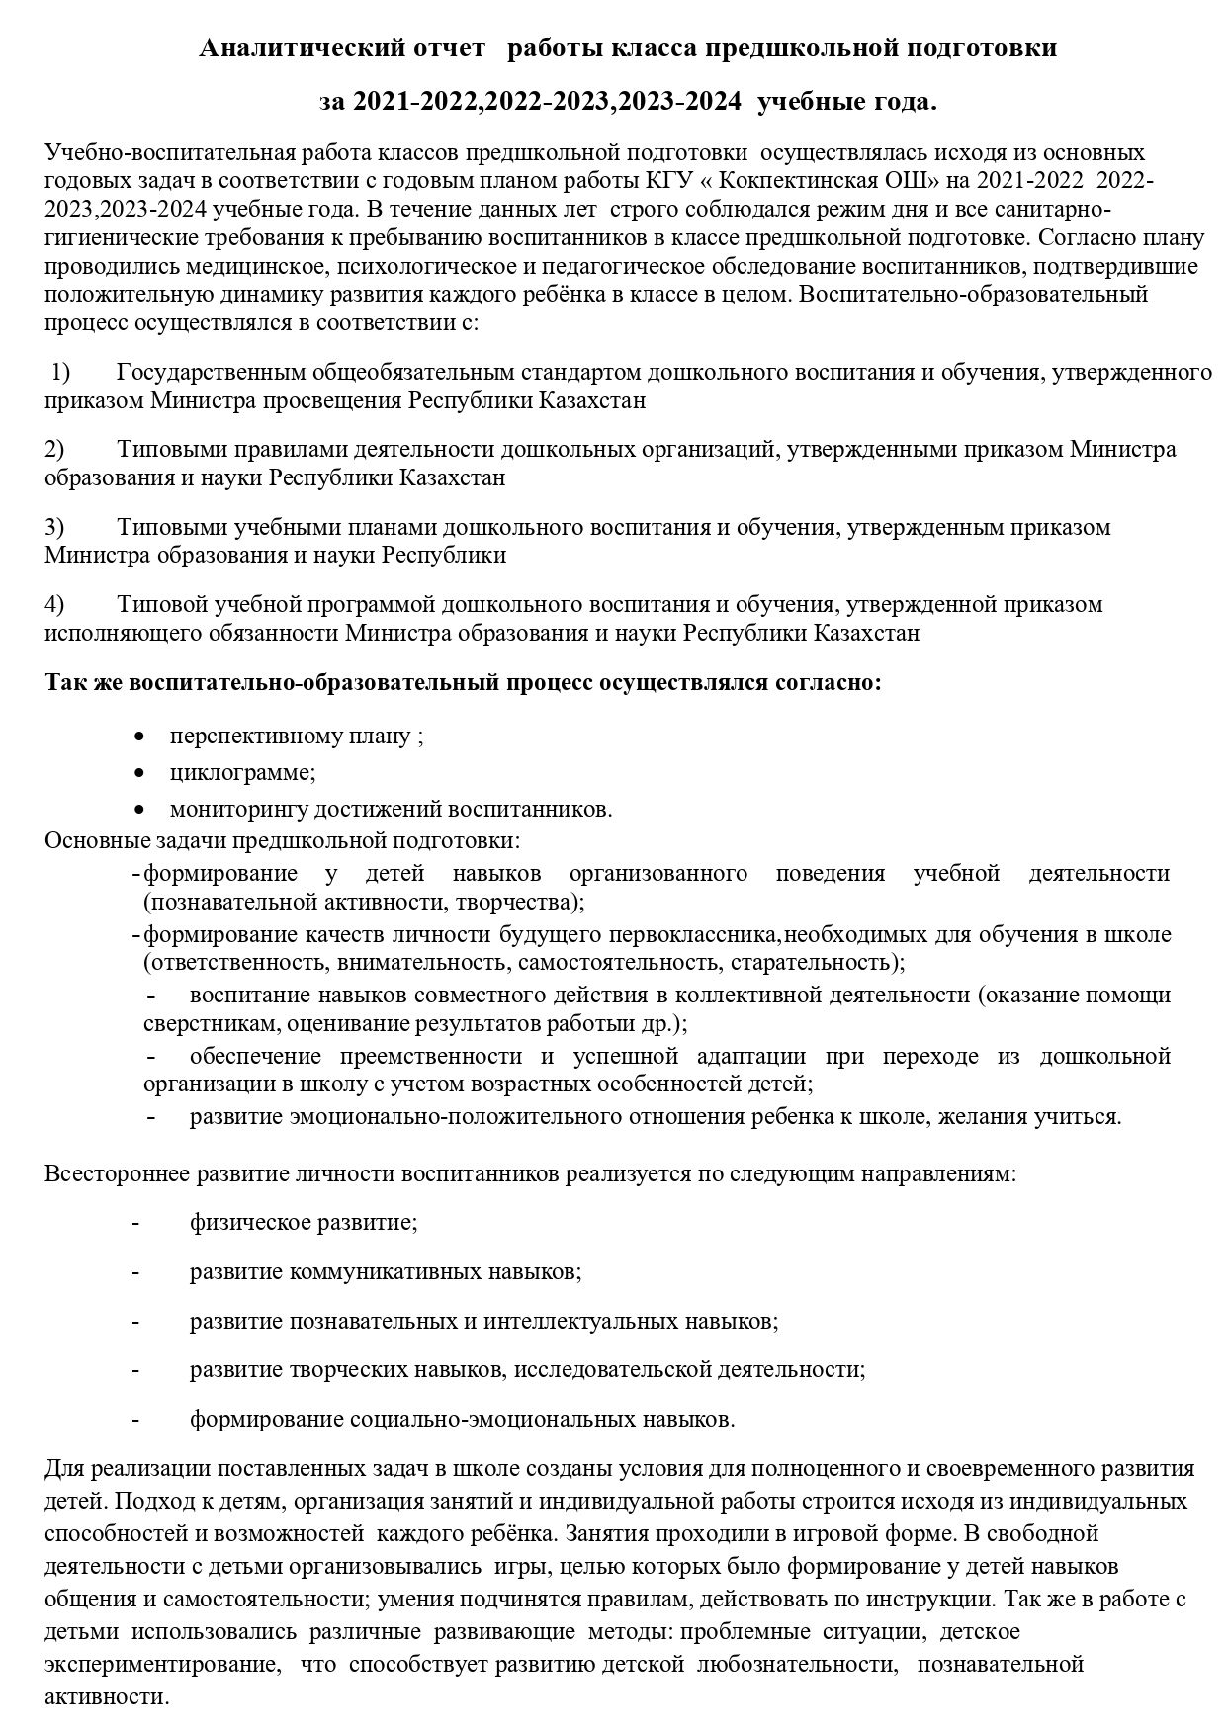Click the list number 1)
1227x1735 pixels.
61,373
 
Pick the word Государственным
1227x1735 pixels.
211,373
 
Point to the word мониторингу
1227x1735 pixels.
238,809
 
